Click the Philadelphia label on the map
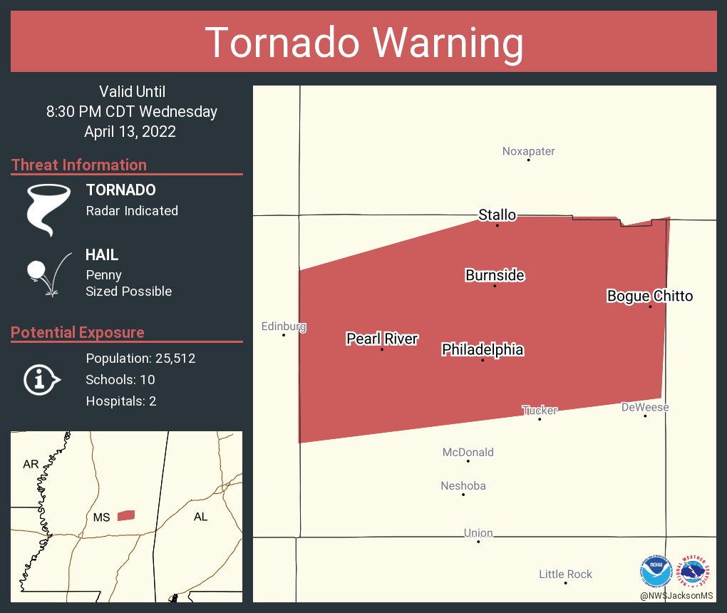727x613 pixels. click(483, 349)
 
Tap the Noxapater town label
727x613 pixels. click(528, 151)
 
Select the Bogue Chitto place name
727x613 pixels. click(649, 296)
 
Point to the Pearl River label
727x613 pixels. click(382, 339)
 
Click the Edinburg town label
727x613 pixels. click(284, 326)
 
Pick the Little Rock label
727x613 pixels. click(565, 574)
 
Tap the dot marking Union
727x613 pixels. click(478, 542)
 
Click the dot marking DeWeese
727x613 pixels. click(645, 416)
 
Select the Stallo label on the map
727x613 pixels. click(497, 215)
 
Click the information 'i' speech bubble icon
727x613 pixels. click(41, 380)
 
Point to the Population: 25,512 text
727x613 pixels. click(140, 358)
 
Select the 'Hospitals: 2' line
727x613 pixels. click(121, 401)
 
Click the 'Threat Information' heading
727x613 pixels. click(79, 165)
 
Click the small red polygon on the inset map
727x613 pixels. click(126, 515)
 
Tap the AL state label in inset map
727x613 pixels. click(200, 517)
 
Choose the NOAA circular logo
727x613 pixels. click(656, 571)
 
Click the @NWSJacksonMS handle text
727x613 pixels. click(676, 595)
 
